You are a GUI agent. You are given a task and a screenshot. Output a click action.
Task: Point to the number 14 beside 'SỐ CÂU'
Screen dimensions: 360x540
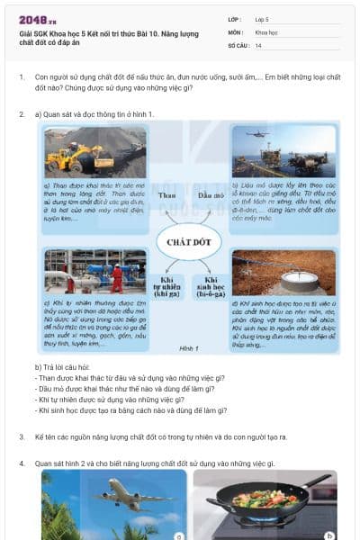258,45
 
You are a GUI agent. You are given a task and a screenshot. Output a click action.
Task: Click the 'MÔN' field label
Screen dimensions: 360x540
235,31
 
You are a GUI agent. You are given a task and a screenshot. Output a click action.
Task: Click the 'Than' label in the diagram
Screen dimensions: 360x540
166,195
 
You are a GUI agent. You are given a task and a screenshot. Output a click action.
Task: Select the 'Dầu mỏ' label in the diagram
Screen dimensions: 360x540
211,195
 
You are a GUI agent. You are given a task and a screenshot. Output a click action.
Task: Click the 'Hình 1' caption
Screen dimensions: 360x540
188,347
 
